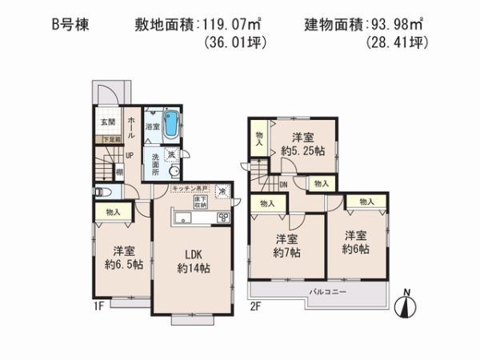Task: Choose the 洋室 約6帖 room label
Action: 357,242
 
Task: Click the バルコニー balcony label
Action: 328,292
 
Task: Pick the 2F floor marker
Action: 255,305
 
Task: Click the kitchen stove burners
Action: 223,218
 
